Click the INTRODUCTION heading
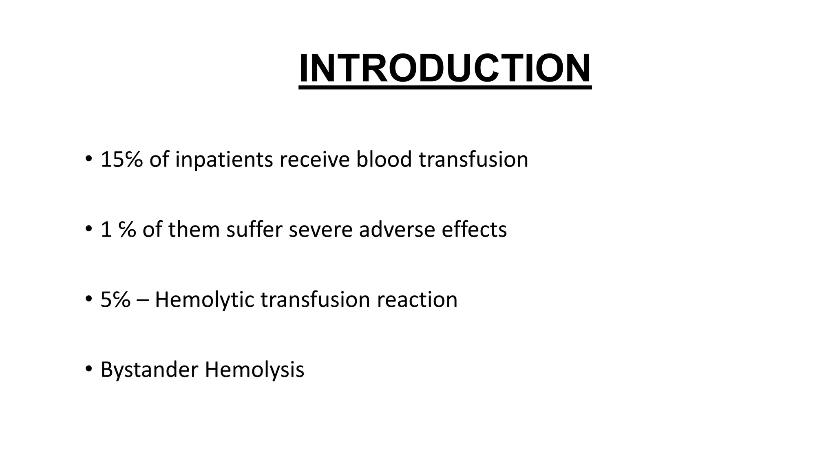point(445,68)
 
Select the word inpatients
point(224,159)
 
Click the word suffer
point(254,229)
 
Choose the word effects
point(474,229)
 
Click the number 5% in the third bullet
point(115,299)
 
